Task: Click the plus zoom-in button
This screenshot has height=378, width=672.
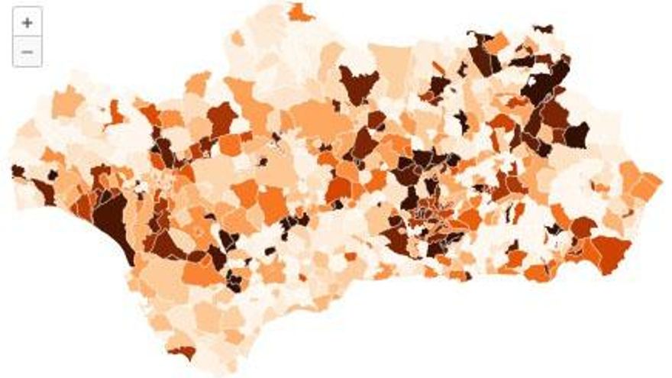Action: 27,23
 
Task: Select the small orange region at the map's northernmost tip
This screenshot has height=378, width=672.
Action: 300,13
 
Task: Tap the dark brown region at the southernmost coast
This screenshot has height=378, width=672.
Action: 183,353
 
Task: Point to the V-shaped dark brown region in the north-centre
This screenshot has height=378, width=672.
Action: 357,82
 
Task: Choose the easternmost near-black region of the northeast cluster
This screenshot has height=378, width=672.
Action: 576,134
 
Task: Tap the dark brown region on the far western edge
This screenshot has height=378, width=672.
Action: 17,171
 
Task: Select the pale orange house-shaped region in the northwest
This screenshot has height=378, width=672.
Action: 67,102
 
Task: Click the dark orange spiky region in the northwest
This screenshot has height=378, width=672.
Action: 116,113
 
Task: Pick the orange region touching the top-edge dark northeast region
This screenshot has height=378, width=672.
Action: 496,44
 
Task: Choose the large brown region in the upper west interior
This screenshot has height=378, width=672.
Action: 221,118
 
